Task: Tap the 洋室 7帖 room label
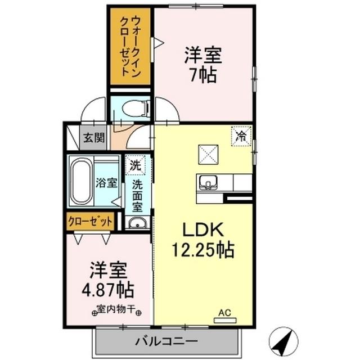203,65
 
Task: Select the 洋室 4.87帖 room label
110,280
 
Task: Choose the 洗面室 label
137,194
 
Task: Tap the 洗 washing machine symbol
135,166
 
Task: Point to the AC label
225,313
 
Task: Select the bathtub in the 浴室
80,182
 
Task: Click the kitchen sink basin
208,182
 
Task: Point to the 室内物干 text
116,309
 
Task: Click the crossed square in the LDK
205,154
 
